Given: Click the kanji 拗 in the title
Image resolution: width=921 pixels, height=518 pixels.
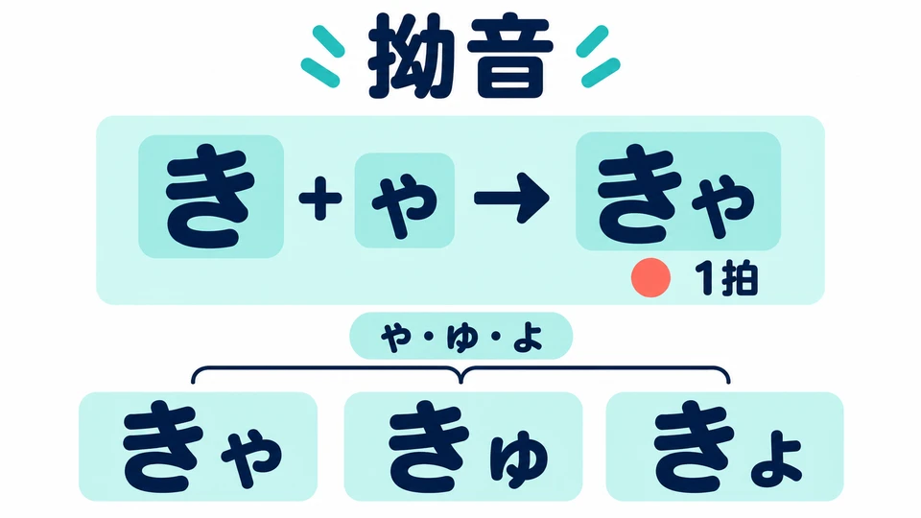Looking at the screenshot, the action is point(411,57).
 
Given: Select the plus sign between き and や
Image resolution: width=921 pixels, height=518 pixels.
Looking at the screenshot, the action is point(320,198).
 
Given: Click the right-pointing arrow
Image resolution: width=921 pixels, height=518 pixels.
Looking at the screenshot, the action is point(511,198).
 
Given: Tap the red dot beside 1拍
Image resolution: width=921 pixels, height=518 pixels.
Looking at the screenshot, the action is point(650,278).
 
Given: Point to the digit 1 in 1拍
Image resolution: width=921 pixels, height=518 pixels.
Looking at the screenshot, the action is point(705,278).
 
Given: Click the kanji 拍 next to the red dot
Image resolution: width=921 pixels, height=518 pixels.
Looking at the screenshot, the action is point(740,278).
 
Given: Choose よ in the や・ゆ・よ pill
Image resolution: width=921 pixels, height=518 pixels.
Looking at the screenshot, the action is point(528,338).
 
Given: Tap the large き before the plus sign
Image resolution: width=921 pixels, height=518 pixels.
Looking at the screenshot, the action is point(211,198).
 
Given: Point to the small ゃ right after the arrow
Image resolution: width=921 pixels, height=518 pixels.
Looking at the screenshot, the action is point(722,205).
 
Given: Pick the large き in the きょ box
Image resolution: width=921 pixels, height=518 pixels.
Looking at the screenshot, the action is point(694,446).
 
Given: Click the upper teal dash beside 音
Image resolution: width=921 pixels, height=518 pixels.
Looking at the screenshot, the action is point(592,40).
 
